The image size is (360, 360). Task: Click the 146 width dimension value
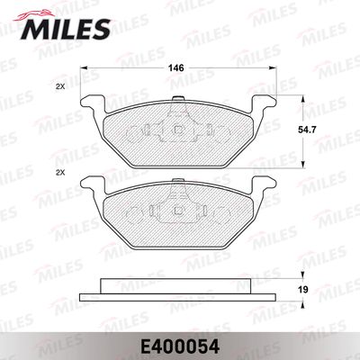tap(175, 68)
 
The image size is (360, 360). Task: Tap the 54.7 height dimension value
tap(303, 130)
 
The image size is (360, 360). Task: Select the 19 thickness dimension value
tap(303, 290)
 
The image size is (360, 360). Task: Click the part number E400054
tap(180, 347)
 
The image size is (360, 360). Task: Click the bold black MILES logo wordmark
tap(66, 29)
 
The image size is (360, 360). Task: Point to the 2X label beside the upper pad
tap(60, 87)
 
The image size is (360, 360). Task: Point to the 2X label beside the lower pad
tap(60, 173)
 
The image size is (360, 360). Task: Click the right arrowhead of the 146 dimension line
tap(273, 68)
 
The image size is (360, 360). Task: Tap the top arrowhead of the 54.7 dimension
tap(303, 99)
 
